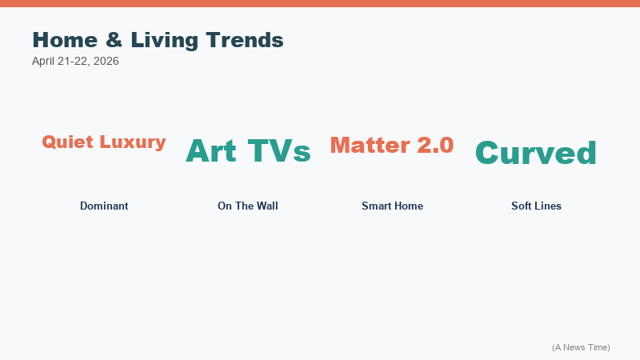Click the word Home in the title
[64, 40]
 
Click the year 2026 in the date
[106, 61]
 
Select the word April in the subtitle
[44, 61]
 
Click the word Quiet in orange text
[69, 142]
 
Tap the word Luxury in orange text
[133, 142]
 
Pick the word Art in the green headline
[212, 150]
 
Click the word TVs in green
[278, 150]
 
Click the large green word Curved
[536, 153]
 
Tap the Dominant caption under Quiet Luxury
[104, 206]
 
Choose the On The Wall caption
[248, 206]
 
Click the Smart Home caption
[392, 206]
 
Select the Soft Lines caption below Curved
[536, 206]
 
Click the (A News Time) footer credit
[581, 347]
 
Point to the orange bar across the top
[320, 3]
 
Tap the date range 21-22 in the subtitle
[75, 61]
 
